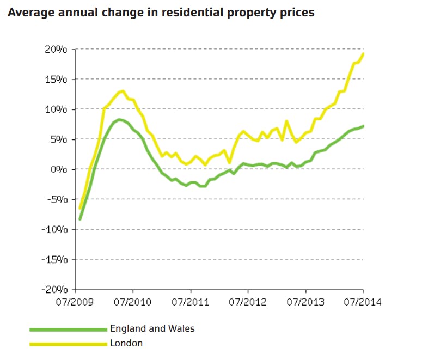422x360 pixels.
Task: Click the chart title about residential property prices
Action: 161,12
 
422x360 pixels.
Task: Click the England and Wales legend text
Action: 152,328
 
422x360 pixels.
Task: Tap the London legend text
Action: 126,343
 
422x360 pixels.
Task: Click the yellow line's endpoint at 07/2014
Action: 363,53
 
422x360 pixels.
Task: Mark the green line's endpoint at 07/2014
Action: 363,126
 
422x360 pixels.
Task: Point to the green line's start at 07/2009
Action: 79,219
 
